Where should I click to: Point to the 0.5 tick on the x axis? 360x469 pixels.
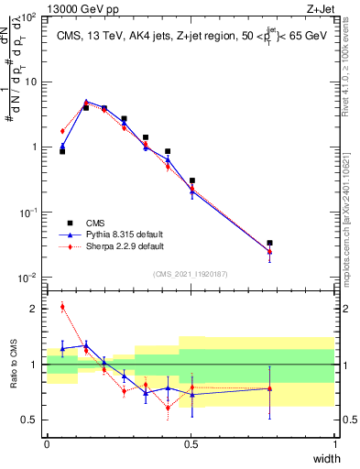191,444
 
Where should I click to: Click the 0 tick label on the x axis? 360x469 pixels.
47,444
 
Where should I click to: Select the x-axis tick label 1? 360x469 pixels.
334,444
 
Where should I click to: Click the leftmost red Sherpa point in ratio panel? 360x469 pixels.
61,306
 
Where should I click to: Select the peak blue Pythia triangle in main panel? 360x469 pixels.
86,103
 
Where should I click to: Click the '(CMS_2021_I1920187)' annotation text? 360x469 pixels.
191,274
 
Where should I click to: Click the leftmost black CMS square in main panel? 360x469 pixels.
61,151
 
